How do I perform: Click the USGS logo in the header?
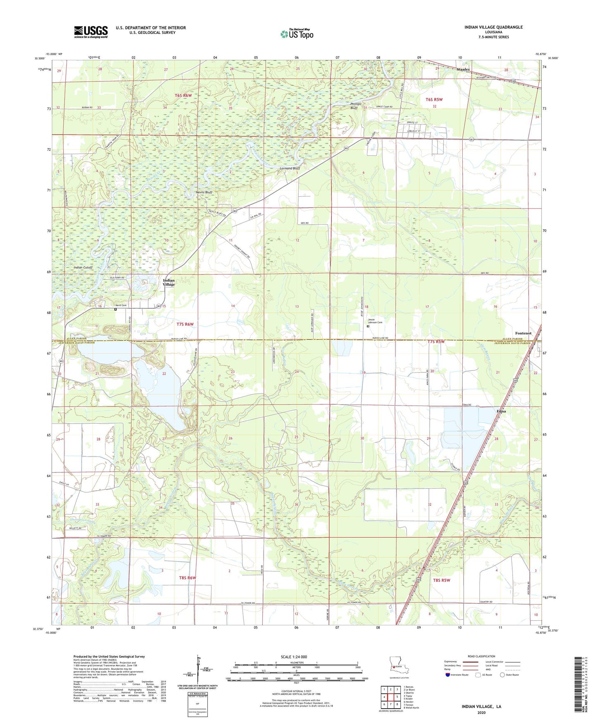[x=90, y=32]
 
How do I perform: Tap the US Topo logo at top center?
[x=296, y=34]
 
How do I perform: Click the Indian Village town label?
[x=169, y=282]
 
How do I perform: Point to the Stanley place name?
[x=463, y=69]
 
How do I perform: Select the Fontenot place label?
[x=523, y=333]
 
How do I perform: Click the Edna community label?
[x=501, y=411]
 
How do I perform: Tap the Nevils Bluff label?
[x=204, y=192]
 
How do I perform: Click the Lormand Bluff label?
[x=290, y=168]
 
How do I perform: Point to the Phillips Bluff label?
[x=356, y=106]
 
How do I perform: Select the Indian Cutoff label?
[x=83, y=268]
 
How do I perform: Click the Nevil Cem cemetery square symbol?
[x=116, y=309]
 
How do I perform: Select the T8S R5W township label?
[x=441, y=580]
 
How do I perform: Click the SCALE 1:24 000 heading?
[x=294, y=657]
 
